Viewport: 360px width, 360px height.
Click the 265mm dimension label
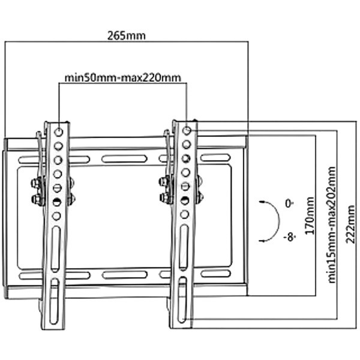click(127, 36)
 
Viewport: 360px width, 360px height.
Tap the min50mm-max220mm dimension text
click(123, 78)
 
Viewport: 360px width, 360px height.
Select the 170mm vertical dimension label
click(310, 215)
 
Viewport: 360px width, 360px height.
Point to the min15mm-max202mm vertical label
click(332, 225)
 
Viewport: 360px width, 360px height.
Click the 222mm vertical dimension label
click(350, 224)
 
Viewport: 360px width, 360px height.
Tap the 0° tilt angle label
click(289, 203)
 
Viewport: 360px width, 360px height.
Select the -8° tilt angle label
click(289, 237)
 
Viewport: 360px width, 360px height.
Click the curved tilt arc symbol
click(279, 221)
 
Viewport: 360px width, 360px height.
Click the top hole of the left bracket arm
click(59, 132)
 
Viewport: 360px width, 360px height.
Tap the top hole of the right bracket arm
click(187, 131)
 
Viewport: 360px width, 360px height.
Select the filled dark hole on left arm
click(56, 202)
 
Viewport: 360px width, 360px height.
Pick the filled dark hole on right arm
click(185, 200)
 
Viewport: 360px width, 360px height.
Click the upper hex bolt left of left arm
click(35, 184)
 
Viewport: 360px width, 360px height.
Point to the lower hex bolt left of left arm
click(36, 199)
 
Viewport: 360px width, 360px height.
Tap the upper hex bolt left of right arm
click(163, 181)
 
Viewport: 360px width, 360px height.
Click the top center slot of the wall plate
click(124, 159)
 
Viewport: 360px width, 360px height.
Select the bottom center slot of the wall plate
click(125, 275)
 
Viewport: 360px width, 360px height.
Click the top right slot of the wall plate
click(215, 158)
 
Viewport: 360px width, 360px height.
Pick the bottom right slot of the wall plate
click(215, 274)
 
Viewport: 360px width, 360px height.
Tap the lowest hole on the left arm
click(56, 216)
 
